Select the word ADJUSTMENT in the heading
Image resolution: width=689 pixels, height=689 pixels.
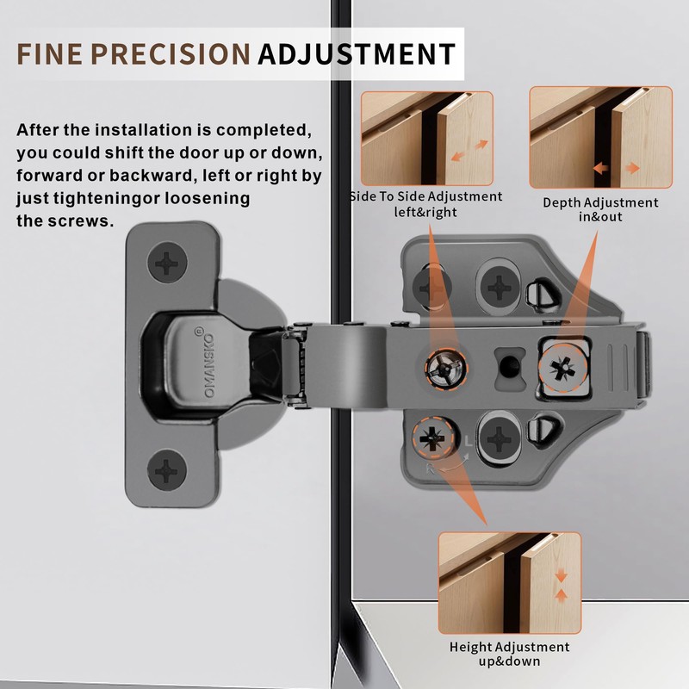coord(356,53)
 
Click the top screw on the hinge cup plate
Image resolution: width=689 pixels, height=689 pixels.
coord(166,261)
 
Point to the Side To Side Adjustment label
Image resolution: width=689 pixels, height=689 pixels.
coord(426,203)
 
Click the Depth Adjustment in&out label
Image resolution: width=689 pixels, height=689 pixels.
coord(600,209)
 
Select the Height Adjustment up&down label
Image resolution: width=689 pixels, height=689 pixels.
coord(509,654)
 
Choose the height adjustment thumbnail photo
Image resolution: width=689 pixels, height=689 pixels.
coord(509,581)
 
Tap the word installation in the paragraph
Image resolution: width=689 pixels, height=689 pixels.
coord(133,131)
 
